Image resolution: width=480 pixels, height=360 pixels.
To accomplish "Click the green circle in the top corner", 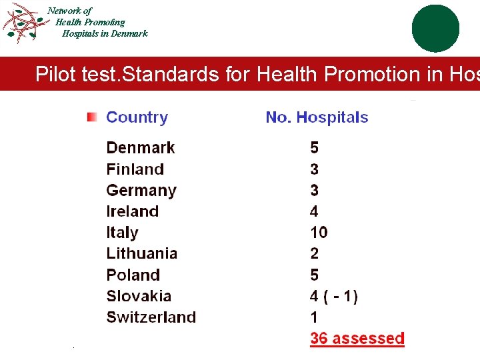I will coord(435,28).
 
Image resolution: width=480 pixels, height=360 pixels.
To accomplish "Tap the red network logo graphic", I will coord(23,23).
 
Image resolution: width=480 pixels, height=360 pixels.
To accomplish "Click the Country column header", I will coord(137,117).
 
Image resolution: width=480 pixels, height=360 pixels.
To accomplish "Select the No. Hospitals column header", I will coord(317,117).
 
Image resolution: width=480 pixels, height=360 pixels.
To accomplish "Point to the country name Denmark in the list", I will coord(140,147).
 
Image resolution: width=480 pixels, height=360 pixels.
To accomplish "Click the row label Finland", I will coord(135,169).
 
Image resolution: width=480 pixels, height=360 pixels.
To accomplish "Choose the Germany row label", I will coord(141,190).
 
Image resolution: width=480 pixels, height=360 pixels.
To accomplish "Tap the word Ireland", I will coord(132,211).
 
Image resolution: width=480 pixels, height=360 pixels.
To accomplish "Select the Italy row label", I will coord(122,233).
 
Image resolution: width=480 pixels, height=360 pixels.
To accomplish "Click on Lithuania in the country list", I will coord(141,253).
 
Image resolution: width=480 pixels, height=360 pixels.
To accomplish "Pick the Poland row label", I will coord(133,275).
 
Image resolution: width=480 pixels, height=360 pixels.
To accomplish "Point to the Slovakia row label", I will coord(139,296).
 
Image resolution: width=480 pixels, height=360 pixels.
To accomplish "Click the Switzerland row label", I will coord(151,317).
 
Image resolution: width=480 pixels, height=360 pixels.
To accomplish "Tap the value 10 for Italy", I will coord(319,233).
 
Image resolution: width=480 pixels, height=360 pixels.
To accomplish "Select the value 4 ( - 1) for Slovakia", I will coord(333,296).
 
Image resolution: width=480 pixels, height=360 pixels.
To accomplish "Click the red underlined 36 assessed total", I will coord(357,339).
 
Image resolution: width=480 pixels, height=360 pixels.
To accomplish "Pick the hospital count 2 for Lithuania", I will coord(315,253).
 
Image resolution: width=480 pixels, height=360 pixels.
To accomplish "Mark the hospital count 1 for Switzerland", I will coord(314,317).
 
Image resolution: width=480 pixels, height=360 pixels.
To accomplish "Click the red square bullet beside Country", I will coord(92,117).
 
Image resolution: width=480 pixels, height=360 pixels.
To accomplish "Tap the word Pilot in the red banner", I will coord(55,74).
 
